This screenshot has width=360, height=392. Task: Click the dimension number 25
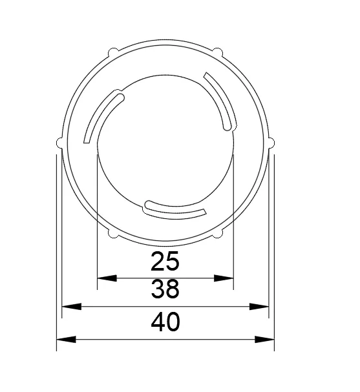pos(164,262)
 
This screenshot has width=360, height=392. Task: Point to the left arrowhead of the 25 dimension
pos(106,278)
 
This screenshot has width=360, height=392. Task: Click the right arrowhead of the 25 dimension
pos(224,278)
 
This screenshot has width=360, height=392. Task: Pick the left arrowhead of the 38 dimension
pos(70,307)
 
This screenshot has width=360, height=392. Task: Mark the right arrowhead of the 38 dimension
pos(259,307)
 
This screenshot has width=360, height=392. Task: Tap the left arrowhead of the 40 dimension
pos(66,339)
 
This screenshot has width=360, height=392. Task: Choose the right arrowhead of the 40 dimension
pos(264,339)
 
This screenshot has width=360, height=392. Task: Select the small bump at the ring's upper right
pos(218,51)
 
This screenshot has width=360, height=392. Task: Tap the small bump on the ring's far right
pos(271,142)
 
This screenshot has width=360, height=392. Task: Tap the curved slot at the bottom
pos(173,209)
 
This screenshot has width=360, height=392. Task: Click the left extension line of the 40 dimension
pos(57,258)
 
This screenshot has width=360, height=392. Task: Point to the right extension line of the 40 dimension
pos(274,258)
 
